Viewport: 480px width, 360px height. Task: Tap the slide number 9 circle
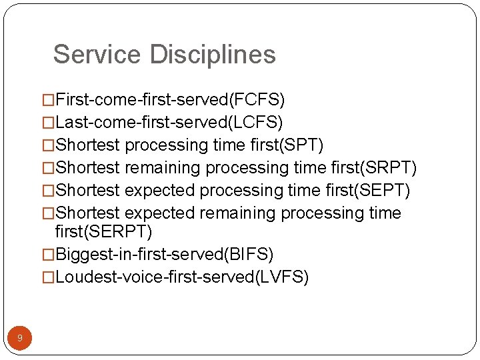point(20,338)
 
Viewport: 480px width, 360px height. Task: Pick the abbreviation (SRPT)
point(393,168)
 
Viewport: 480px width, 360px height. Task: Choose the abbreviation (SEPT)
point(385,191)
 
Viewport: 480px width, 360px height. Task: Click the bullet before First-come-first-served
point(48,101)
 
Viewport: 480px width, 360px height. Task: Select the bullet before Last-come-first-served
point(48,123)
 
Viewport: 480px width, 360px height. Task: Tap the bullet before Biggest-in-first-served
point(48,255)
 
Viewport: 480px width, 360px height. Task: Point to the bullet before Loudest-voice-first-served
point(48,278)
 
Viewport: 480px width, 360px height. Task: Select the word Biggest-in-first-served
point(140,255)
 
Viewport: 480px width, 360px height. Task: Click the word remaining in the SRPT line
point(163,168)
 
